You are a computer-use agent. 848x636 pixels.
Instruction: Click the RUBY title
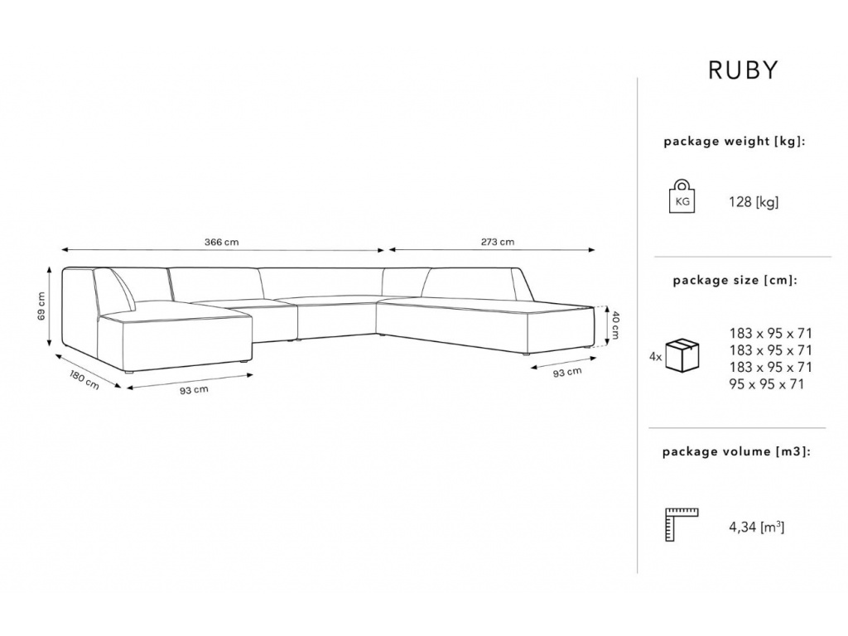743,70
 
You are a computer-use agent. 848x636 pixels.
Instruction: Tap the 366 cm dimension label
221,242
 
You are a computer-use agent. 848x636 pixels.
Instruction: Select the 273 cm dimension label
498,242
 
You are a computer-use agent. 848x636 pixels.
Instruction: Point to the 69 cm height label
41,306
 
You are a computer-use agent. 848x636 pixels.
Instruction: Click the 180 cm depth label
84,378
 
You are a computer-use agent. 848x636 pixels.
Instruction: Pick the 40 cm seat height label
615,324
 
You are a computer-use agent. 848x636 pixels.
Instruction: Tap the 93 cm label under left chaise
194,390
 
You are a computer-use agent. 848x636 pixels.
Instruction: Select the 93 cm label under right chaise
567,373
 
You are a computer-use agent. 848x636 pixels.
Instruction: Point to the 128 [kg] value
754,202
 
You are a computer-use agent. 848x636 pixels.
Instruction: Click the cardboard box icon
682,354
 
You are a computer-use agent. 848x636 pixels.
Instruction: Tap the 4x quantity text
656,357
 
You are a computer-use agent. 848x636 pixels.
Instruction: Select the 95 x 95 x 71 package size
766,384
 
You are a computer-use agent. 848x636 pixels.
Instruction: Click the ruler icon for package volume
681,524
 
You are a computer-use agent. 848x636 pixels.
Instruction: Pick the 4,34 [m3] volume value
757,526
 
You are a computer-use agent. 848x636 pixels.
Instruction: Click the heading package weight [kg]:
735,142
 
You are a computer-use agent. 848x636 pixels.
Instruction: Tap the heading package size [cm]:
735,280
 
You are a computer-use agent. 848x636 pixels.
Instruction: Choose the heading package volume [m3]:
736,451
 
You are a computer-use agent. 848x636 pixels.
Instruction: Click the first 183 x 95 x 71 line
771,333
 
